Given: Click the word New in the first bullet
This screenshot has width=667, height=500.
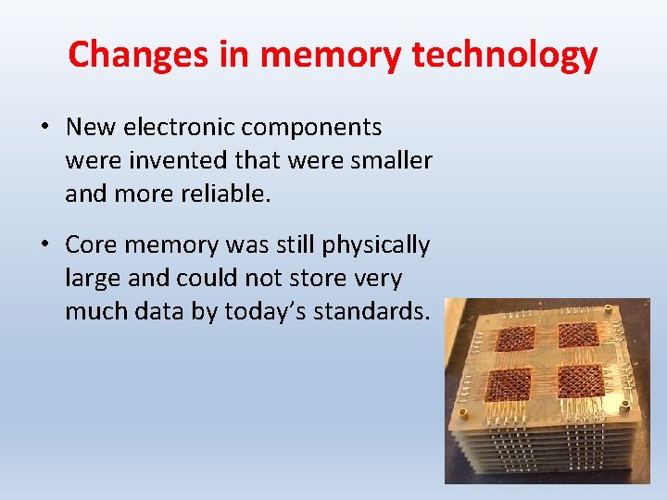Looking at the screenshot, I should tap(88, 127).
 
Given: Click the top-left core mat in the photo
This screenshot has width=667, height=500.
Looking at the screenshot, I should tap(515, 338).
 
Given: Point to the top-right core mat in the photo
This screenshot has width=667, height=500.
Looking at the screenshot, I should tap(579, 335).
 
